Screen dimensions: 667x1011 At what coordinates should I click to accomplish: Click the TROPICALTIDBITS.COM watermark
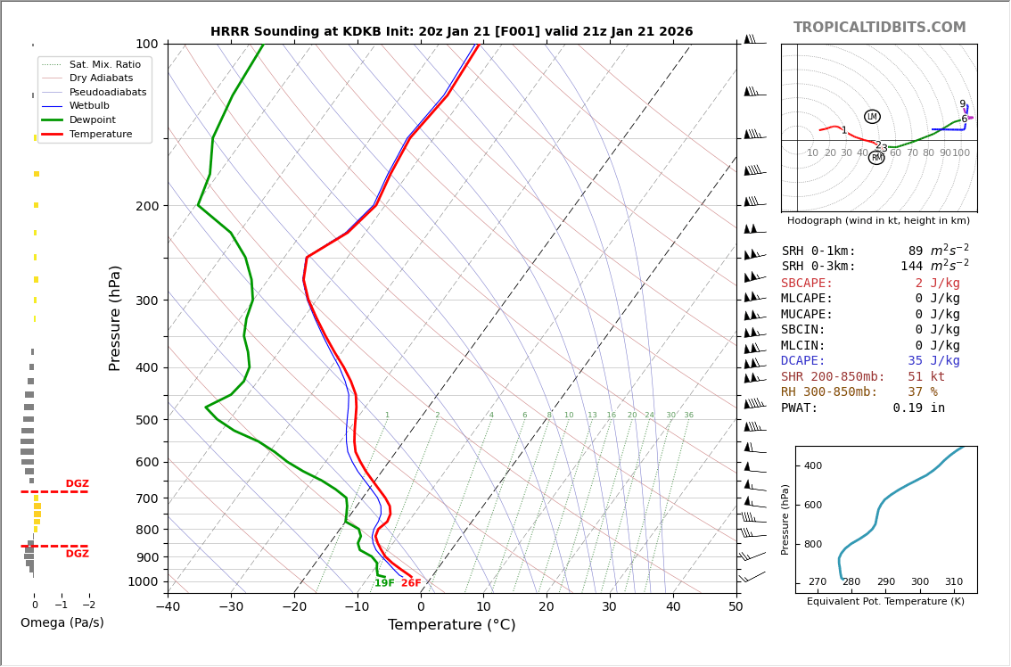[x=879, y=28]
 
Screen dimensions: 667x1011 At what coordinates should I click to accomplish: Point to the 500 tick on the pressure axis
[x=147, y=420]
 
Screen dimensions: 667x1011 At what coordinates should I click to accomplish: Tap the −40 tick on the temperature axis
[x=168, y=607]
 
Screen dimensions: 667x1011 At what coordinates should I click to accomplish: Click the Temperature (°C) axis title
[x=451, y=625]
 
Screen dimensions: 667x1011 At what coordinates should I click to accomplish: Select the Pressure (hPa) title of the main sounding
[x=115, y=317]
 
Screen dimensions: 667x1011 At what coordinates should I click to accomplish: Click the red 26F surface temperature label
[x=411, y=584]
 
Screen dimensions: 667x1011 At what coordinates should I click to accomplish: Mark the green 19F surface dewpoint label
[x=384, y=584]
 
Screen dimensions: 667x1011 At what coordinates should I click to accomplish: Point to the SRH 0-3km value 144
[x=911, y=267]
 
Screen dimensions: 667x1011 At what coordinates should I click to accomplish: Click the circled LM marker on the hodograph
[x=872, y=117]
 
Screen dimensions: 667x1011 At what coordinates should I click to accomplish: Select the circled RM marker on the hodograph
[x=876, y=158]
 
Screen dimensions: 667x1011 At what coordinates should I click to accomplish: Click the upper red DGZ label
[x=77, y=484]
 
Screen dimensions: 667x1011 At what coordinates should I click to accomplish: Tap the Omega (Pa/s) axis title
[x=62, y=622]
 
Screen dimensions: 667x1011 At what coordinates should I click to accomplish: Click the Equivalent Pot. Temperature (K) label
[x=885, y=602]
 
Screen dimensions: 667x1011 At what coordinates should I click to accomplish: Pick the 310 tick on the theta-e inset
[x=953, y=582]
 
